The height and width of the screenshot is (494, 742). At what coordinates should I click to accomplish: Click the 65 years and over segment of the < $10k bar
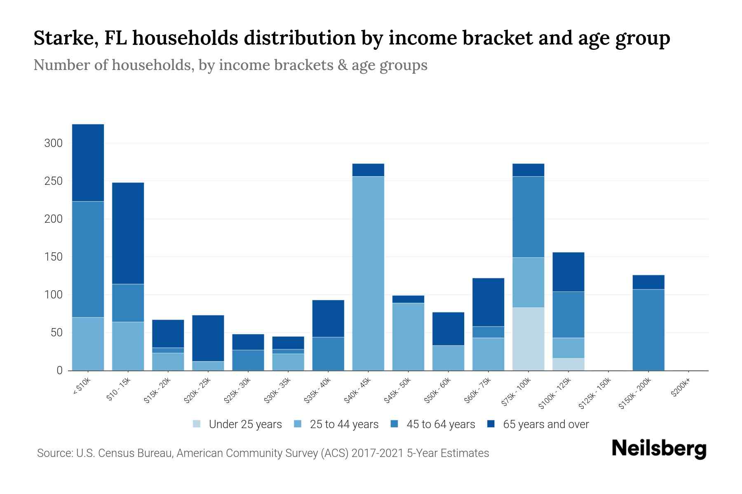(x=88, y=163)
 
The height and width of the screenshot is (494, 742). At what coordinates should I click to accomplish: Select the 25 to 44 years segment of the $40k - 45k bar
(x=368, y=273)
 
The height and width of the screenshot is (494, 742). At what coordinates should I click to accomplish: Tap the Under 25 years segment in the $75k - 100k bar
(x=528, y=339)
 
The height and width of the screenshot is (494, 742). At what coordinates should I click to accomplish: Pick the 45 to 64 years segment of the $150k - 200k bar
(x=648, y=330)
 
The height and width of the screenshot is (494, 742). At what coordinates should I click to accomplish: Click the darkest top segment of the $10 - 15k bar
(x=128, y=233)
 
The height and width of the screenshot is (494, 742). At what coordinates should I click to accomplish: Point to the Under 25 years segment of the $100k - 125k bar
(x=568, y=364)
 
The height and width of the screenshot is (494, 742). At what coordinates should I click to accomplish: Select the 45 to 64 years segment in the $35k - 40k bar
(x=328, y=354)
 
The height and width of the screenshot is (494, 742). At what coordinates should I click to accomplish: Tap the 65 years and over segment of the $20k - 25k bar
(x=208, y=338)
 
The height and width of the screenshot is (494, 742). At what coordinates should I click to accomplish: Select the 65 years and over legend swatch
(x=491, y=424)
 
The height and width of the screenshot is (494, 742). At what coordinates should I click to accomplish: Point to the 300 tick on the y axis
(x=53, y=143)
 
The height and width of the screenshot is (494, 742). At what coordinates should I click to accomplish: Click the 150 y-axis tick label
(x=53, y=257)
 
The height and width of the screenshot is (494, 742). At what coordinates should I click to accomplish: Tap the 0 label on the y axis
(x=59, y=370)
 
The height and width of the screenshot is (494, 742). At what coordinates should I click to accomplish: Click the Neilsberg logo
(x=659, y=449)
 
